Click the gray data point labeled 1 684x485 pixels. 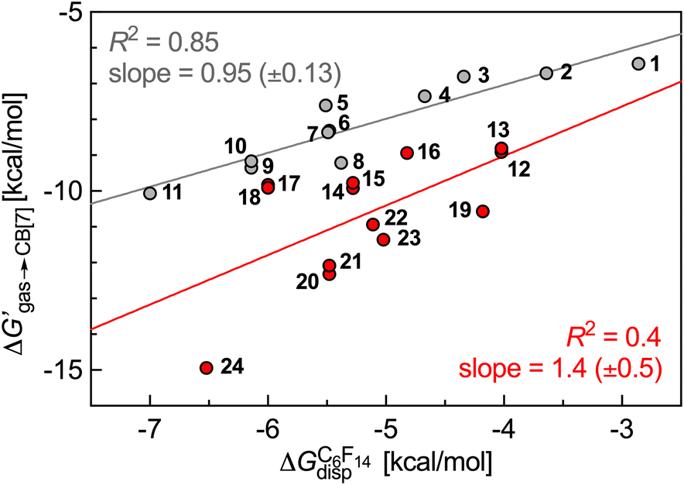(x=638, y=64)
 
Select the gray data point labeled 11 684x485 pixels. (x=150, y=193)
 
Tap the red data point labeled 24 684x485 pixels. (x=207, y=368)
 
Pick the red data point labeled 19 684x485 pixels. (x=483, y=211)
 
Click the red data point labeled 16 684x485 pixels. (x=407, y=153)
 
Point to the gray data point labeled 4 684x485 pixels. (x=425, y=96)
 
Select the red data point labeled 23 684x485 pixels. (x=383, y=239)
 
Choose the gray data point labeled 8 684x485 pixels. (x=341, y=163)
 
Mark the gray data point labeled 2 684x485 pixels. (x=546, y=73)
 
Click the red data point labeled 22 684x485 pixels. (x=373, y=224)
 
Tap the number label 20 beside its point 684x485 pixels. (x=307, y=283)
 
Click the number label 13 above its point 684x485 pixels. (x=500, y=128)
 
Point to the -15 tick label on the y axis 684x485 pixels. (x=65, y=370)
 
